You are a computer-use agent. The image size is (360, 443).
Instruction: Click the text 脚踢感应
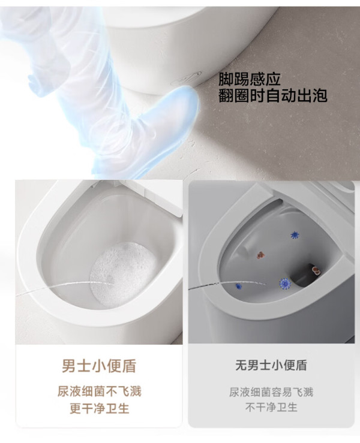pyautogui.click(x=249, y=79)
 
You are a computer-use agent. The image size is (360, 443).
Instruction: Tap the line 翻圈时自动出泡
pyautogui.click(x=273, y=95)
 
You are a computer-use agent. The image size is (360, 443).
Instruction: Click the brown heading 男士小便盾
pyautogui.click(x=99, y=366)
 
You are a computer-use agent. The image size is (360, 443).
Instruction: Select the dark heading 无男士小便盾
pyautogui.click(x=271, y=365)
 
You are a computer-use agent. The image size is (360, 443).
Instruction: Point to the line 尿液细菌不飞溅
pyautogui.click(x=99, y=391)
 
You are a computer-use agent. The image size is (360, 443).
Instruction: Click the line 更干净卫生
pyautogui.click(x=99, y=408)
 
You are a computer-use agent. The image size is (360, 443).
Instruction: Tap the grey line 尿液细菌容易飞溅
pyautogui.click(x=271, y=392)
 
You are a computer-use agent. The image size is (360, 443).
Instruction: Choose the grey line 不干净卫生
pyautogui.click(x=271, y=408)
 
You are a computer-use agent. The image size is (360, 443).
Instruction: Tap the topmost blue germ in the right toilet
pyautogui.click(x=295, y=235)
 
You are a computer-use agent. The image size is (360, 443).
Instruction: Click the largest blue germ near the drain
pyautogui.click(x=285, y=283)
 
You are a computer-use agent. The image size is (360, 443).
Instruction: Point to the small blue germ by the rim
pyautogui.click(x=239, y=287)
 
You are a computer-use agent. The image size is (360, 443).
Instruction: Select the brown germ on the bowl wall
pyautogui.click(x=261, y=255)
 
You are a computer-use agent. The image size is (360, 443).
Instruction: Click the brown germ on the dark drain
pyautogui.click(x=315, y=270)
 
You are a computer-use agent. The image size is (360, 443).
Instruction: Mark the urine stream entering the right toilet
pyautogui.click(x=226, y=285)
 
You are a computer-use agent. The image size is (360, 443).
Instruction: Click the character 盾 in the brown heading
pyautogui.click(x=129, y=366)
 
